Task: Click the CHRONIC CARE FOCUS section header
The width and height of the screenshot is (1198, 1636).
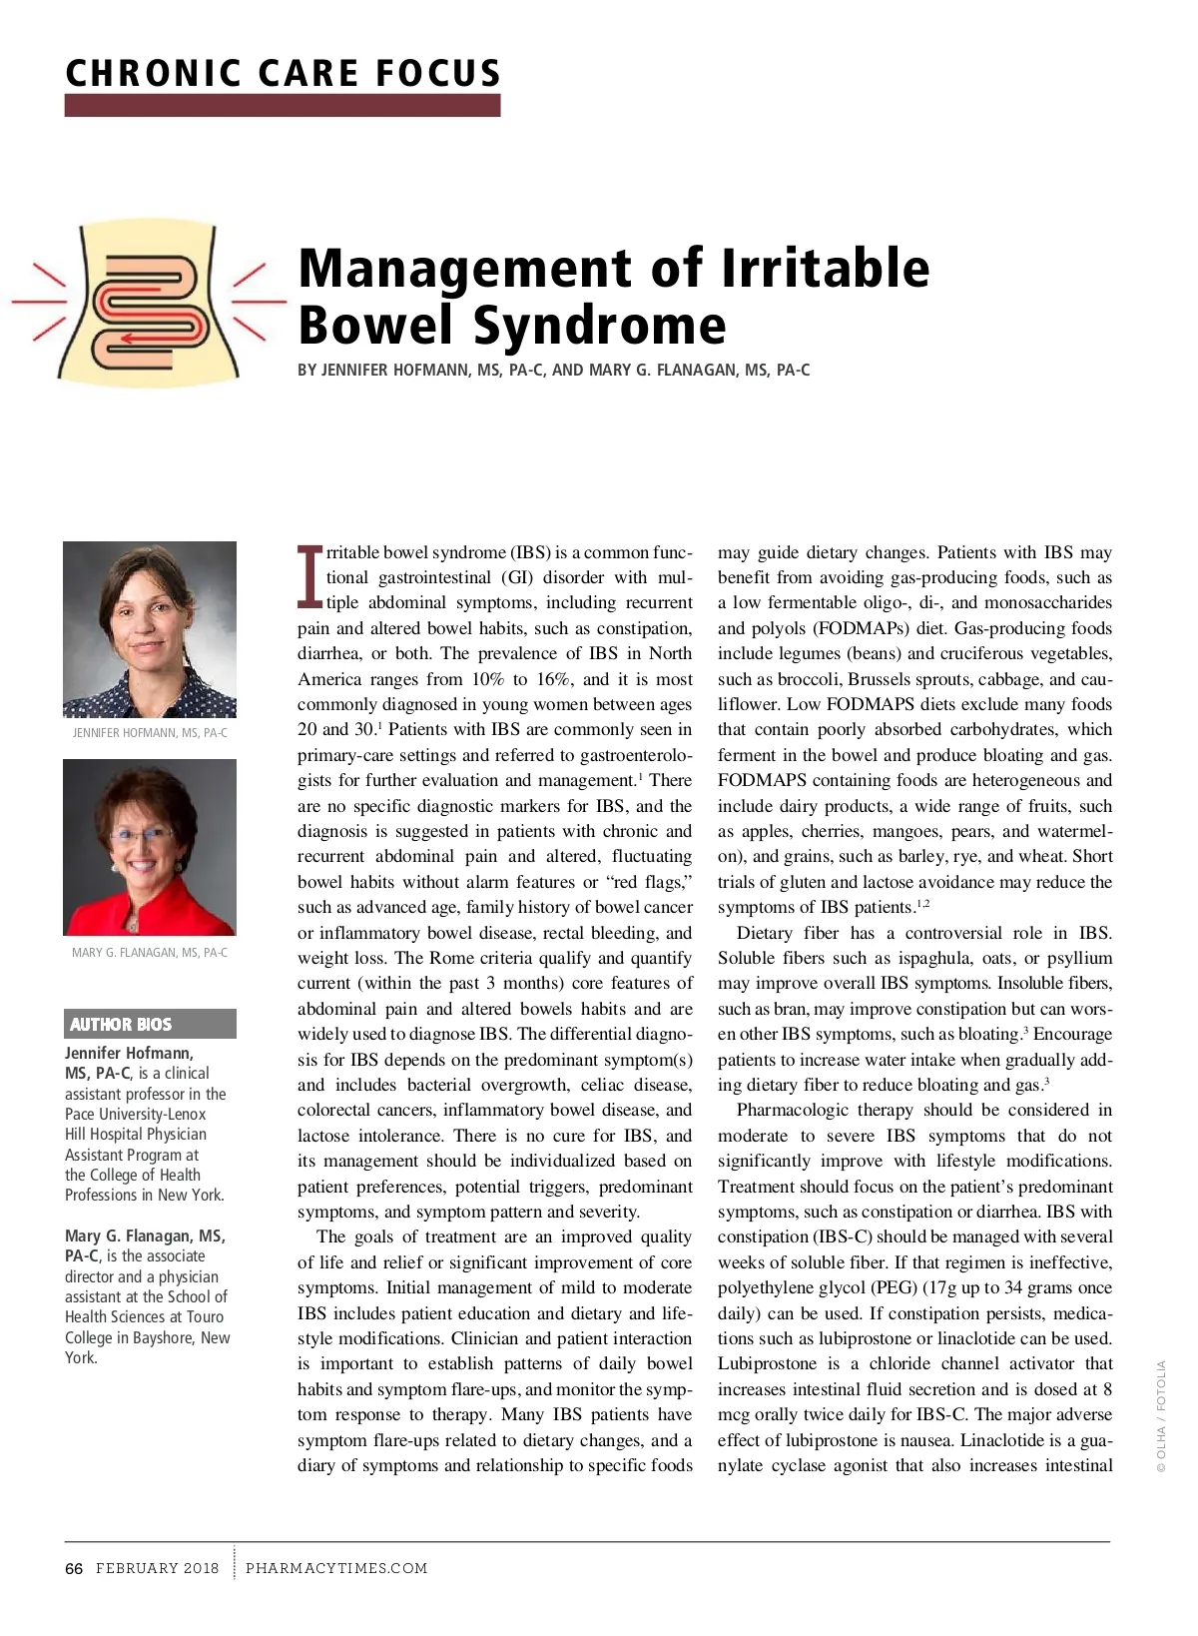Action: click(283, 73)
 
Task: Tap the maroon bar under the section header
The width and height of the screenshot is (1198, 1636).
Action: click(283, 105)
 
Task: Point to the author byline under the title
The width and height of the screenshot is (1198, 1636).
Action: click(553, 371)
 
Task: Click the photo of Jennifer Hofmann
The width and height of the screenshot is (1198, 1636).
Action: click(150, 629)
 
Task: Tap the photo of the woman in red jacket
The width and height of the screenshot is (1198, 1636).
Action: click(150, 847)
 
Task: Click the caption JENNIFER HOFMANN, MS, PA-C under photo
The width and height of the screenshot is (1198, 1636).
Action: click(150, 733)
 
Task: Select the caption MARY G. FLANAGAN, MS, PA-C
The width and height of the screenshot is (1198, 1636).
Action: click(150, 953)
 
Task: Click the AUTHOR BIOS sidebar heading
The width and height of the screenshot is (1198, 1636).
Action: click(121, 1024)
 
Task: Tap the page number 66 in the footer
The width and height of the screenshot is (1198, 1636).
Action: click(74, 1568)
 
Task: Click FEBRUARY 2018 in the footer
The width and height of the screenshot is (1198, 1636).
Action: click(157, 1568)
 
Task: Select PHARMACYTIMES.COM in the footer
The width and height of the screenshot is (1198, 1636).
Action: click(336, 1568)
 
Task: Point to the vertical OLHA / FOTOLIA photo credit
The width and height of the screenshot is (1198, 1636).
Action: click(1161, 1416)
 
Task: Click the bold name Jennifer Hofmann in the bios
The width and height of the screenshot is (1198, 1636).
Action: click(130, 1053)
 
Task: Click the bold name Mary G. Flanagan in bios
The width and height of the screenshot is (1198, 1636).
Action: click(145, 1235)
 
